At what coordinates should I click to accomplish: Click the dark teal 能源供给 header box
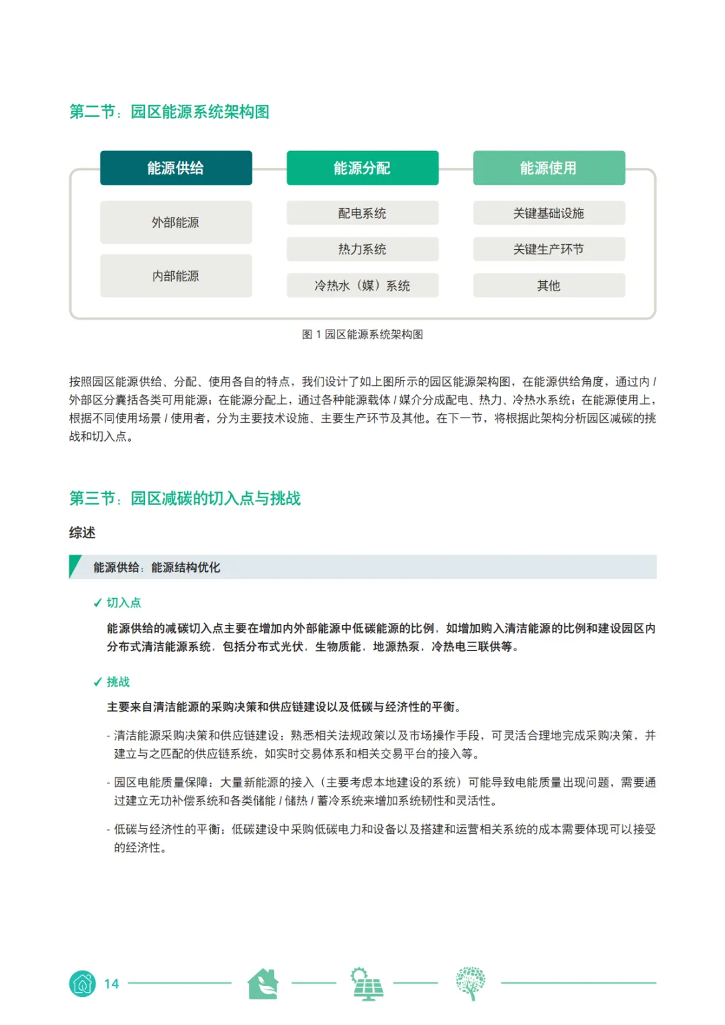point(176,168)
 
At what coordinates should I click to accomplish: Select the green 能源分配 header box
point(362,168)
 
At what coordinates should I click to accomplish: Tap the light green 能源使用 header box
point(548,168)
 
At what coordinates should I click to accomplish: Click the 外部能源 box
point(176,222)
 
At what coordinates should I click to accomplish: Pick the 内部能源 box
point(176,276)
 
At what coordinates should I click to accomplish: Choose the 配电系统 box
point(362,213)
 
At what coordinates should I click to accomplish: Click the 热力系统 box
point(362,249)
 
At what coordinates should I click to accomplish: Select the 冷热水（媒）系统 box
point(362,285)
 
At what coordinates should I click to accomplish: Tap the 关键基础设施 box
point(548,213)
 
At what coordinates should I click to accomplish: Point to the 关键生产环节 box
point(548,249)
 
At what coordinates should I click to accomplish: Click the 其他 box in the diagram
point(548,285)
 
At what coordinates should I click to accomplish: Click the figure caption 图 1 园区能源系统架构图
point(362,334)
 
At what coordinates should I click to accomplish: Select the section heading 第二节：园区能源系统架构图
point(169,111)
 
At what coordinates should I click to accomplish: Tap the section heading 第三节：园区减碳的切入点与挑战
point(185,498)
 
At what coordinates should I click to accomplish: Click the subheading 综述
point(82,532)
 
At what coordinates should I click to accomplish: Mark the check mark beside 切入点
point(97,603)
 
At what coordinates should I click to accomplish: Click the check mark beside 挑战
point(97,682)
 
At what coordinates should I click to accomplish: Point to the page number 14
point(111,984)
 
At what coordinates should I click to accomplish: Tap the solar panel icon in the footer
point(367,984)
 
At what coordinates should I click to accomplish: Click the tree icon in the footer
point(470,984)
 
